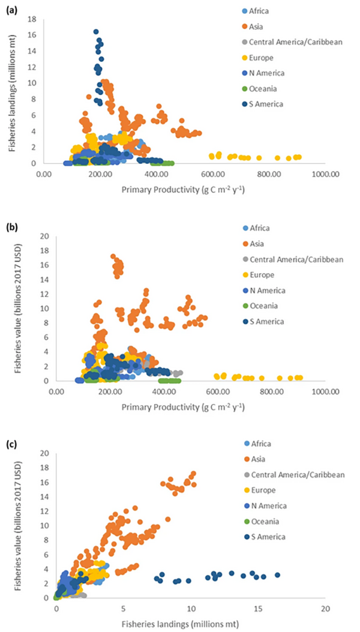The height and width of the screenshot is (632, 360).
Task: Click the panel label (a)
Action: pos(10,8)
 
